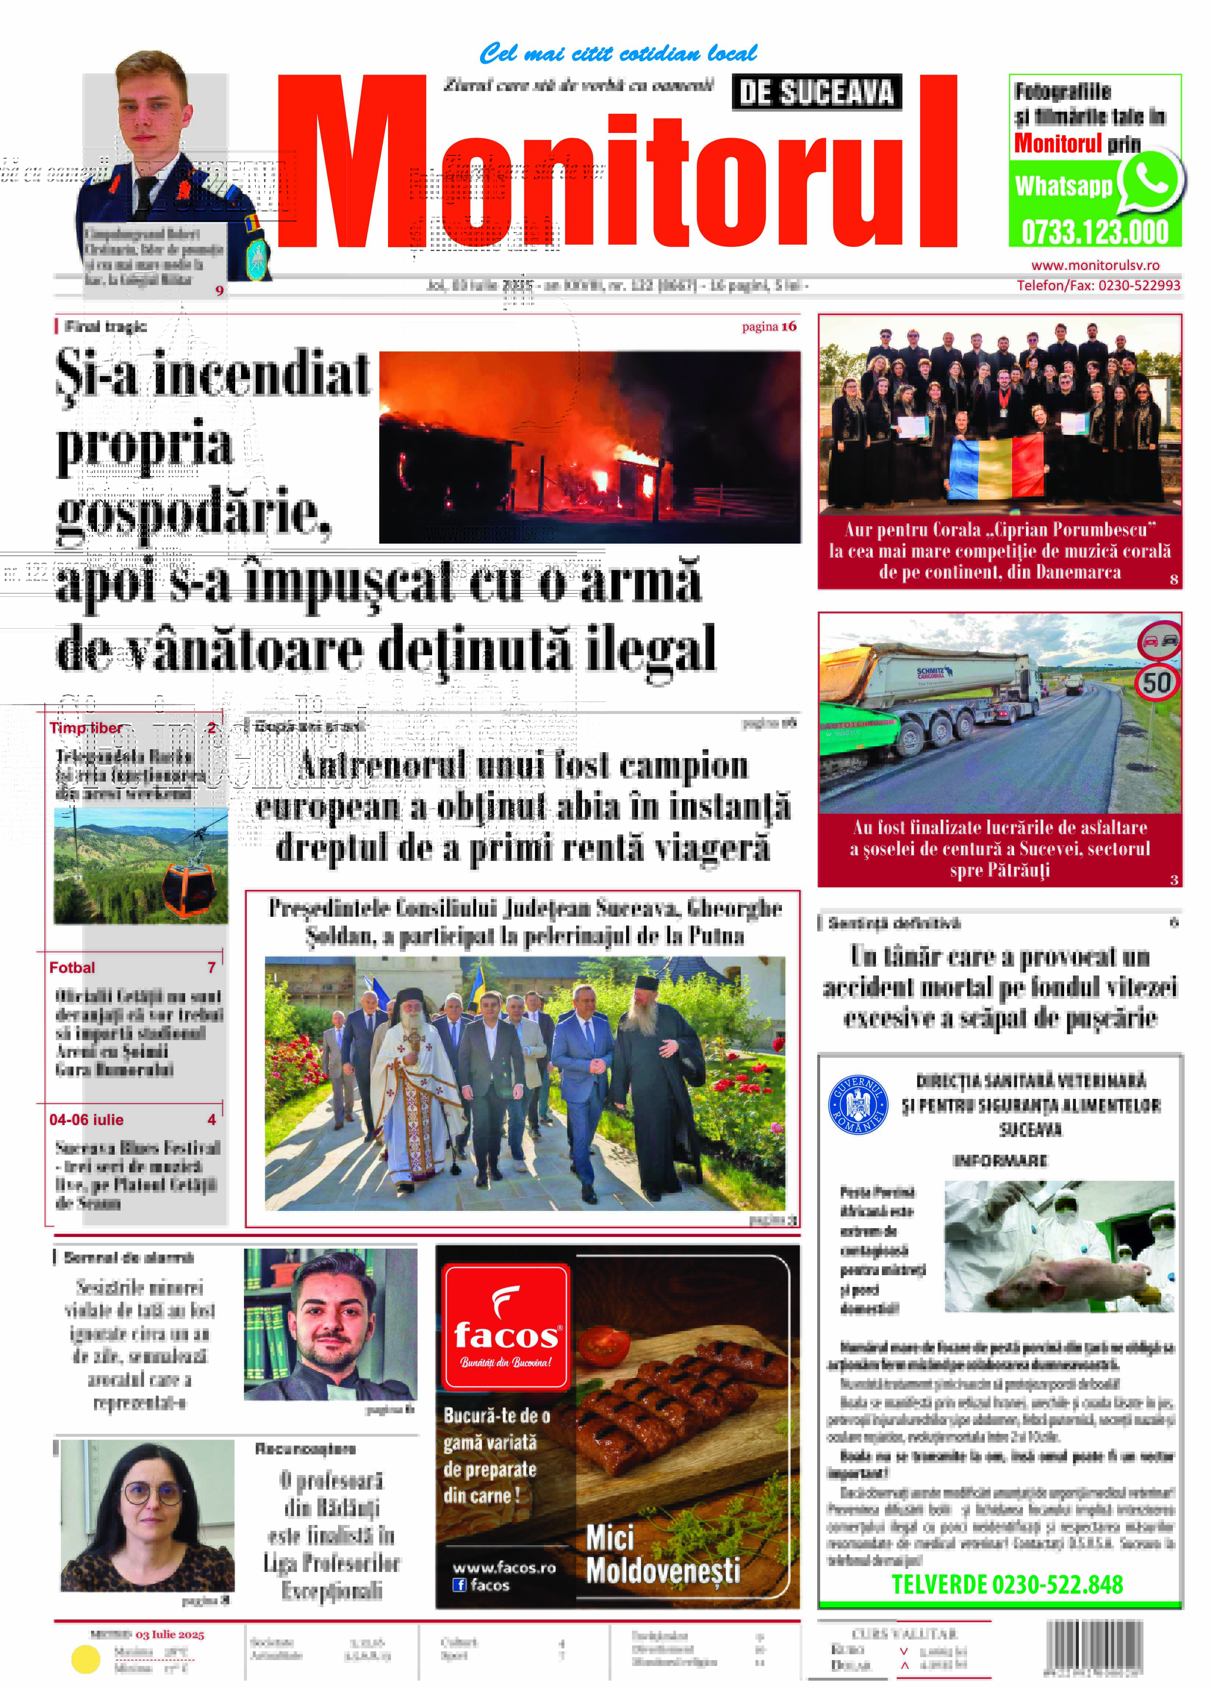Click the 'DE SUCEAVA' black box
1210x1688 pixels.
(x=816, y=92)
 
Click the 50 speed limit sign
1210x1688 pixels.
(x=1156, y=682)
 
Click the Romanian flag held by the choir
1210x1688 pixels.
(x=996, y=468)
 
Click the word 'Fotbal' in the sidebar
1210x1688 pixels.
(x=72, y=967)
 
